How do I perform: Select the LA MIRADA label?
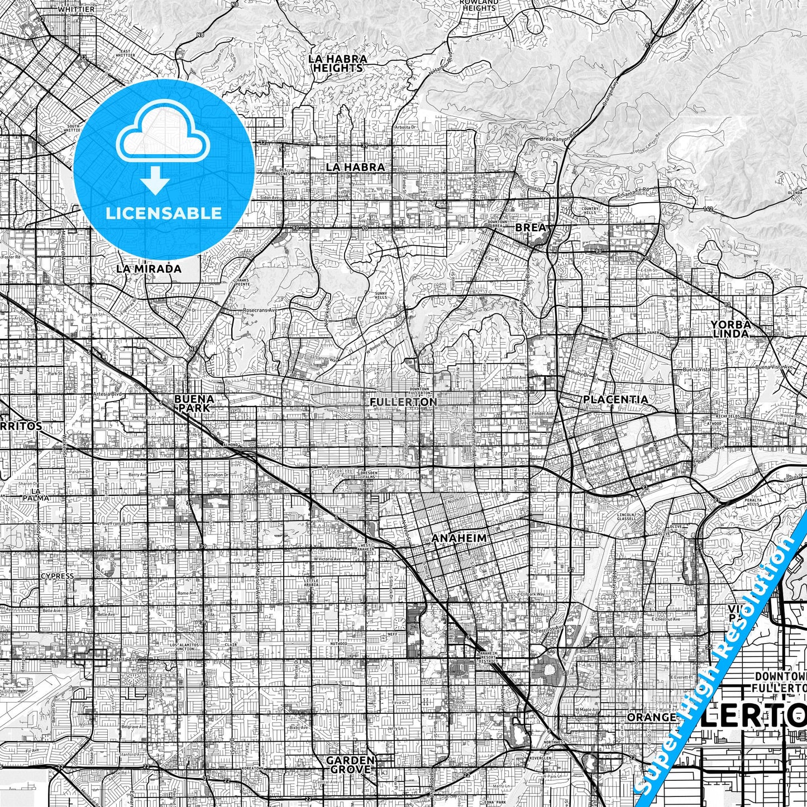[x=149, y=269]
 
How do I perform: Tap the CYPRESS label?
[x=57, y=576]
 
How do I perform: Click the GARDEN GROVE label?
[x=350, y=765]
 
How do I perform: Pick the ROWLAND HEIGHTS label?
[x=479, y=6]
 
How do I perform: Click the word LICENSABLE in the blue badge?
[x=164, y=213]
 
